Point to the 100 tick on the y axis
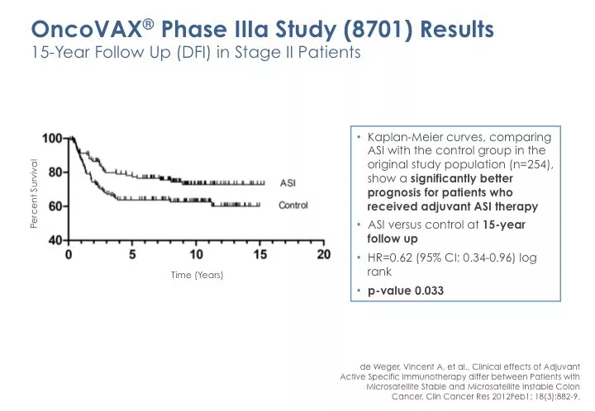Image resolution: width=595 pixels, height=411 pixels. click(x=54, y=138)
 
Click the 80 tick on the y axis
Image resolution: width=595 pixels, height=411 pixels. click(x=57, y=172)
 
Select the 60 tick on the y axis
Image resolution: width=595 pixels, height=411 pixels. click(x=57, y=205)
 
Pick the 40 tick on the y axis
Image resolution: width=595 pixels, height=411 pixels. click(x=57, y=240)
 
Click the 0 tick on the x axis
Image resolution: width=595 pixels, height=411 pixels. click(x=69, y=254)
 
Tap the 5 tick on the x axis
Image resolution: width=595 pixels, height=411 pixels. click(x=133, y=254)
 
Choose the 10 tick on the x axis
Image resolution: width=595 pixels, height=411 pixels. click(x=197, y=254)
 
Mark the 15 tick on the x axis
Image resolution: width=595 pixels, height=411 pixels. click(x=260, y=254)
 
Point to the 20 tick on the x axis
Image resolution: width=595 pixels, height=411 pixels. click(x=324, y=254)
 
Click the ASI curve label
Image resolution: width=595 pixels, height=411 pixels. click(x=288, y=182)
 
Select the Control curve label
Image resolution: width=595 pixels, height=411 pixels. click(x=293, y=205)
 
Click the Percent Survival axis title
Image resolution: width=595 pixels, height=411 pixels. click(x=36, y=194)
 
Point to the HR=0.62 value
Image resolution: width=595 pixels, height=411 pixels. click(x=394, y=257)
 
